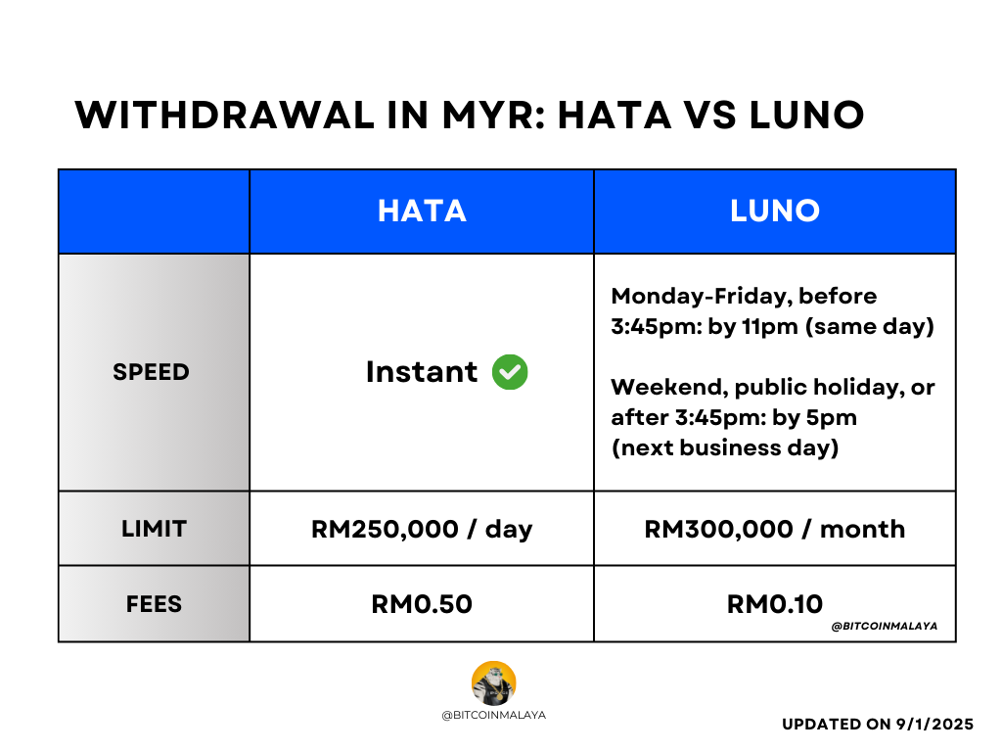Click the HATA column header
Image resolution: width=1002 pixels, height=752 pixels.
[x=422, y=211]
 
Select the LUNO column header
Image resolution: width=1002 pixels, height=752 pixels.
[x=774, y=211]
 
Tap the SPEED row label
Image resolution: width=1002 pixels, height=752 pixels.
[x=152, y=372]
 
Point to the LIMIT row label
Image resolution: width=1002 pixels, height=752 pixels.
[x=154, y=529]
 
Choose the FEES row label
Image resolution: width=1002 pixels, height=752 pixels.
[x=154, y=604]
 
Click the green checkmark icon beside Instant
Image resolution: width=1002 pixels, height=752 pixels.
[x=510, y=372]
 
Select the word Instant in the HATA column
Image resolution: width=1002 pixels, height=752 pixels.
[x=422, y=372]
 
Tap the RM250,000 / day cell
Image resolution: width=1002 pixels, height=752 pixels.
[x=422, y=529]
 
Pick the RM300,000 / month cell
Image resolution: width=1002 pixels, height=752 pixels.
[x=774, y=529]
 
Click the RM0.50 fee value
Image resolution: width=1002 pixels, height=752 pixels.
[x=422, y=604]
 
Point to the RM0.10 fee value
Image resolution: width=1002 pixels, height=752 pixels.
[x=774, y=604]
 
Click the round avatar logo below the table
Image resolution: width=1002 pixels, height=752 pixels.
[x=493, y=683]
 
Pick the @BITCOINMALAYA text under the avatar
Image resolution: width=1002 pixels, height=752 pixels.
[x=493, y=715]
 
